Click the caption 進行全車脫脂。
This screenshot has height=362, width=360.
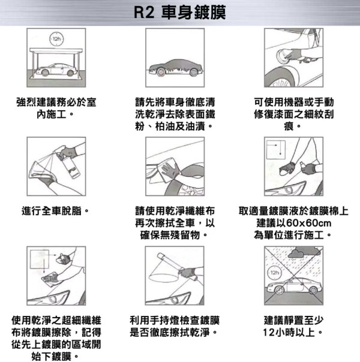coord(55,211)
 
